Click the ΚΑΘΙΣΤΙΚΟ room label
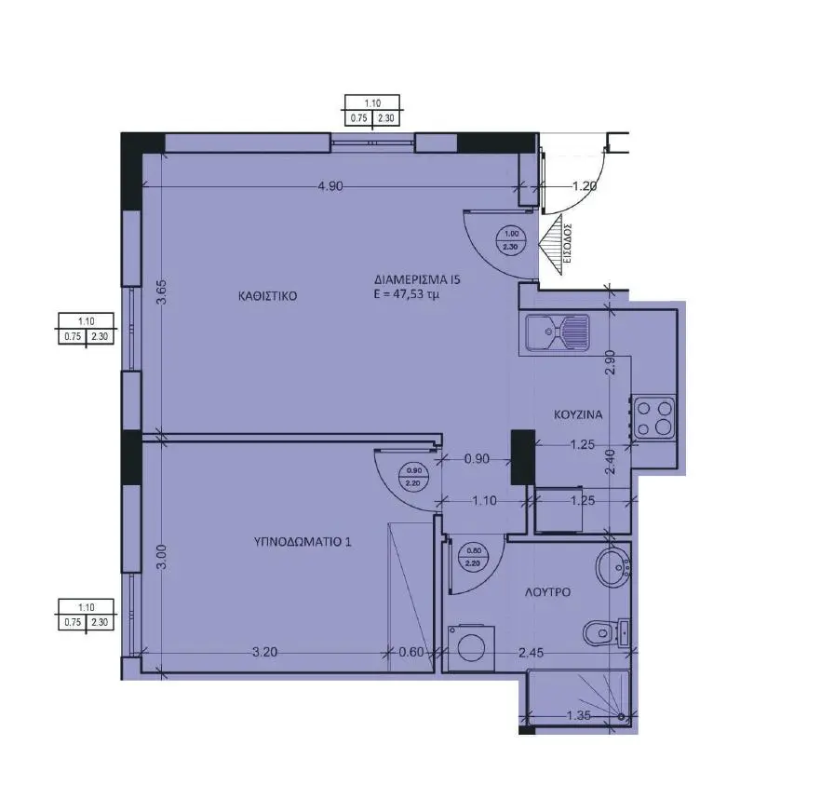click(x=267, y=296)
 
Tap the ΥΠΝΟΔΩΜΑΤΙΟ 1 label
click(x=303, y=542)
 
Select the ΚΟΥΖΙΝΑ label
click(x=578, y=415)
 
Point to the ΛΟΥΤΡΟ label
click(x=547, y=592)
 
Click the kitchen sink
click(x=559, y=332)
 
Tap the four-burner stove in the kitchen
click(x=654, y=417)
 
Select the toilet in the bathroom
click(x=607, y=632)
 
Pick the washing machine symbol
click(x=472, y=647)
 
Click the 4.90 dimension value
click(x=330, y=186)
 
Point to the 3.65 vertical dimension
click(x=161, y=292)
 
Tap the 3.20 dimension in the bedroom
click(x=264, y=652)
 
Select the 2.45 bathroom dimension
click(x=531, y=653)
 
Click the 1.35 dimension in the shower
click(x=579, y=715)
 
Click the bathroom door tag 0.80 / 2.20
click(x=474, y=557)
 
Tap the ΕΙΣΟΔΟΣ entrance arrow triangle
click(x=552, y=245)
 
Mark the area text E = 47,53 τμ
click(x=406, y=294)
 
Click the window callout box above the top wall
click(x=372, y=111)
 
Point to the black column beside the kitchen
click(x=523, y=457)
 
